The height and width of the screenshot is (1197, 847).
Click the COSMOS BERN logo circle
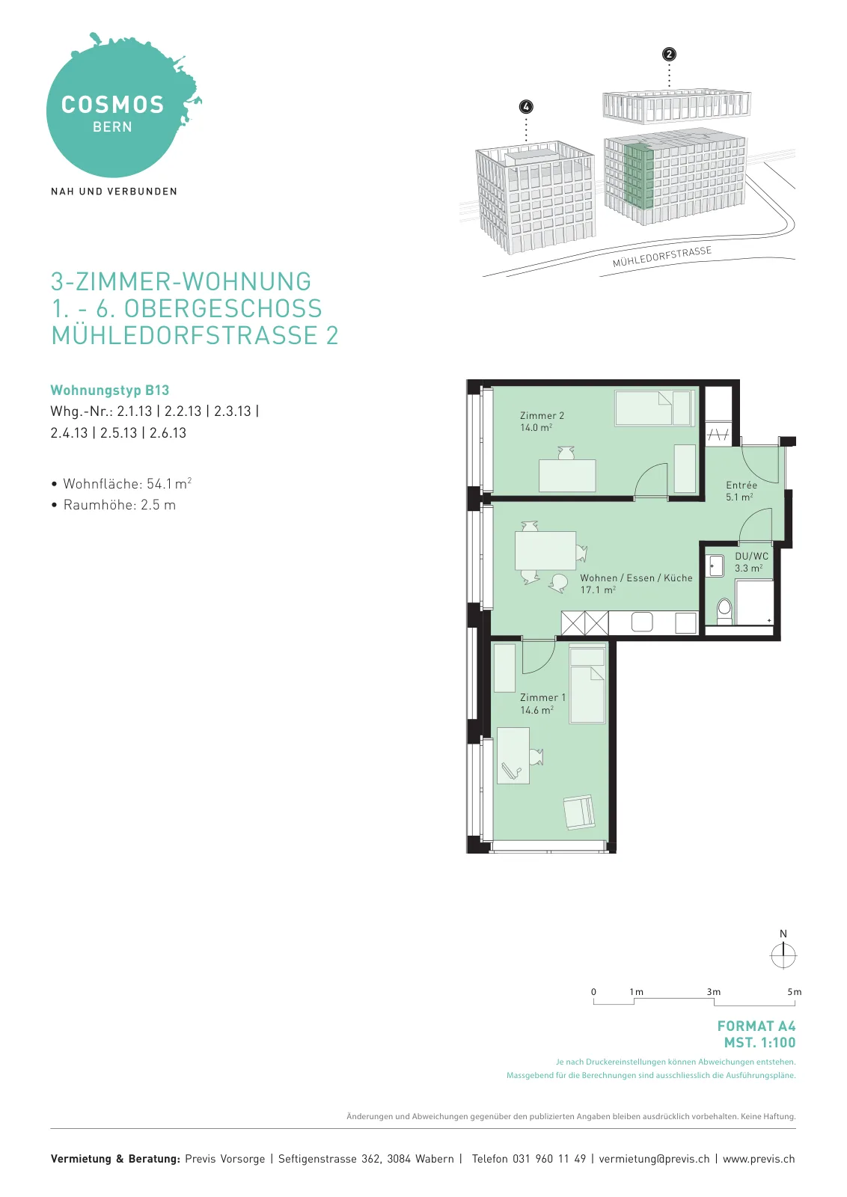[113, 109]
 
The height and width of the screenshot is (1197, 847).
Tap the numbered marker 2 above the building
[668, 55]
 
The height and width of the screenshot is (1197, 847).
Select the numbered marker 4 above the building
[526, 107]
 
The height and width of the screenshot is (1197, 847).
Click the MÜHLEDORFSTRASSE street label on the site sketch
[662, 257]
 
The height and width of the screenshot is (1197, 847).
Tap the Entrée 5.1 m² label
[741, 491]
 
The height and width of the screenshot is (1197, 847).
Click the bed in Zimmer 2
[654, 408]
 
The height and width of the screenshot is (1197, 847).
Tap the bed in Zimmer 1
[587, 685]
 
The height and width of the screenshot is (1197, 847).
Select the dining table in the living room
[545, 551]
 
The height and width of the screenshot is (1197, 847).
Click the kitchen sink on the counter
[642, 622]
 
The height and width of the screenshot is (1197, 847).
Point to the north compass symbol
[783, 955]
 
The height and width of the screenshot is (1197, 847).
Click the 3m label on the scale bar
[713, 992]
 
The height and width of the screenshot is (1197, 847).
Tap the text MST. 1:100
[759, 1043]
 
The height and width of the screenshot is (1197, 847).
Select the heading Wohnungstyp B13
[109, 390]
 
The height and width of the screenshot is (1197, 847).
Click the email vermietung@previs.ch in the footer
[654, 1159]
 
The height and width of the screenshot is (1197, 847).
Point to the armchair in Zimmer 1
[579, 812]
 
